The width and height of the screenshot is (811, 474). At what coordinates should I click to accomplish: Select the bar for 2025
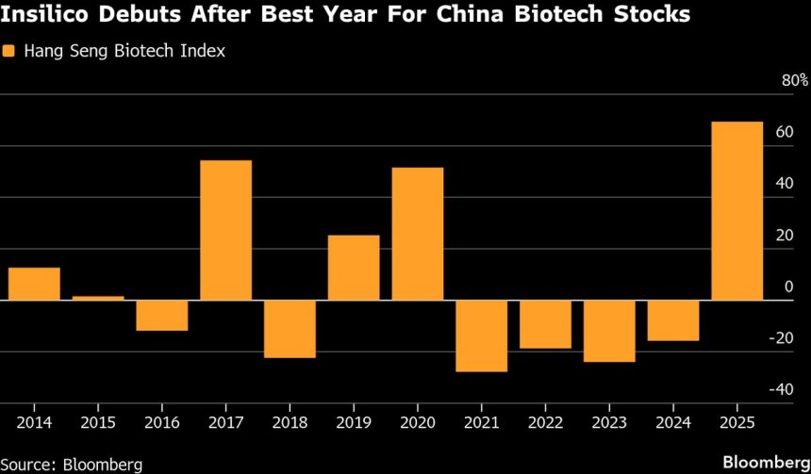(737, 211)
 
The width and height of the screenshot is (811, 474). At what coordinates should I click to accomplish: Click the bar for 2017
(225, 230)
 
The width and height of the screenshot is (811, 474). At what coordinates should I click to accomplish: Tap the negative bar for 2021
(481, 335)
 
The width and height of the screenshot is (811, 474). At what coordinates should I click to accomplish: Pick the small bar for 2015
(98, 298)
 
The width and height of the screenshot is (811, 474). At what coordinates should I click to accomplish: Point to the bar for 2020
(417, 234)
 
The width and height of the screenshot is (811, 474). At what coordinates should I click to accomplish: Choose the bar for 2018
(290, 329)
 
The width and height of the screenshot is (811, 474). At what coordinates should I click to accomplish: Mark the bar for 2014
(34, 284)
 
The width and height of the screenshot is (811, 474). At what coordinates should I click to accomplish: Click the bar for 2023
(609, 331)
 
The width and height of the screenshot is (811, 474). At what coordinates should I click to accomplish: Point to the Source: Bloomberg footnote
(72, 464)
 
